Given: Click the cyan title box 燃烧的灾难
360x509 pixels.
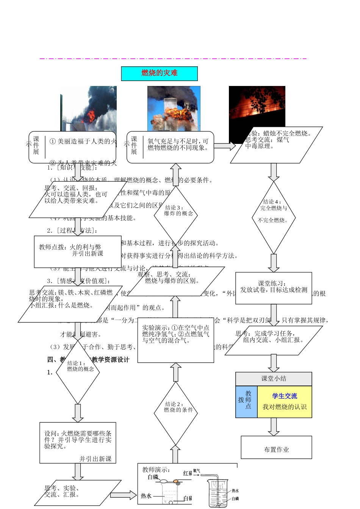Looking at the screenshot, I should (x=159, y=73).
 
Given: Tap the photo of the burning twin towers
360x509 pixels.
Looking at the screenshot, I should (x=174, y=108).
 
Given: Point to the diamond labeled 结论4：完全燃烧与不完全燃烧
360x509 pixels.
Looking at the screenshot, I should (x=273, y=217).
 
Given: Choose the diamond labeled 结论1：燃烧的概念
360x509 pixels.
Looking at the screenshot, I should (x=78, y=371).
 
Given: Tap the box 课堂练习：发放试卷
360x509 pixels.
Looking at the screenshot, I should (x=274, y=288).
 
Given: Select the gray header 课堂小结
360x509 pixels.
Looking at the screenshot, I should (x=274, y=379).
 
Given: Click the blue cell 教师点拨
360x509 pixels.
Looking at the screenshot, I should (x=246, y=402).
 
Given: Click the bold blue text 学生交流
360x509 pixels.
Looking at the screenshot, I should (x=284, y=396).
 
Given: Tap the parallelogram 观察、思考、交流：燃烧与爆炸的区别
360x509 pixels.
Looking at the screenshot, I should (x=175, y=281).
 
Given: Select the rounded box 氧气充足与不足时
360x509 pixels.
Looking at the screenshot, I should (x=170, y=147).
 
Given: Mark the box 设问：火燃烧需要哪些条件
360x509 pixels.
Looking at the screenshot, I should (x=78, y=443).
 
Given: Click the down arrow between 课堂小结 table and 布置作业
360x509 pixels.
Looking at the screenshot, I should (x=273, y=427).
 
